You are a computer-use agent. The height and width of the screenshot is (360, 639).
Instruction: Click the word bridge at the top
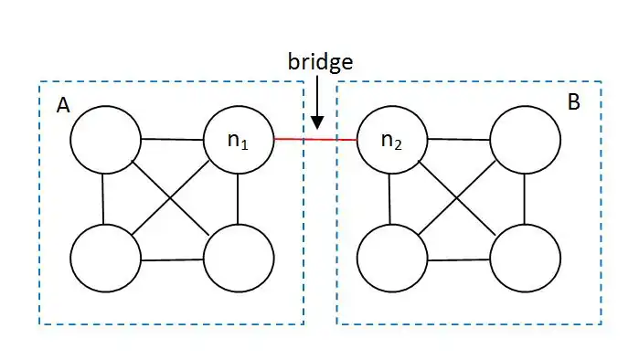[x=320, y=62]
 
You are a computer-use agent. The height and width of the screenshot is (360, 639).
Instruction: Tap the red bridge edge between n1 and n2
[x=315, y=140]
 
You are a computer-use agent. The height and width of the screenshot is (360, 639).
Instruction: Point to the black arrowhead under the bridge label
[x=317, y=122]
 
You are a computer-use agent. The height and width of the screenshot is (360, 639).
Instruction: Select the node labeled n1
[x=239, y=140]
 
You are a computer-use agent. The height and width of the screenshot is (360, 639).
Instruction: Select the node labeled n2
[x=392, y=140]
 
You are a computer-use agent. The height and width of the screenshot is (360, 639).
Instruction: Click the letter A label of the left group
[x=63, y=105]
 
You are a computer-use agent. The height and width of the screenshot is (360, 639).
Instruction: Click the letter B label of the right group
[x=574, y=101]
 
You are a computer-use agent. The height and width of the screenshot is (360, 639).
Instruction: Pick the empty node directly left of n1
[x=105, y=140]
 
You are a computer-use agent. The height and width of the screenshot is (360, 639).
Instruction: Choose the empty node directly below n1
[x=239, y=258]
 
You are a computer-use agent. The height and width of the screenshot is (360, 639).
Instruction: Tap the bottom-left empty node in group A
[x=105, y=258]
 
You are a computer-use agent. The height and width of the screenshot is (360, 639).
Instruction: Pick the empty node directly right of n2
[x=525, y=140]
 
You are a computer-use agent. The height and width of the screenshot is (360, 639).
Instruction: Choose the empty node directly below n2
[x=392, y=258]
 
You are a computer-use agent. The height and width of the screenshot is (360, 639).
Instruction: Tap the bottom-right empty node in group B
[x=525, y=258]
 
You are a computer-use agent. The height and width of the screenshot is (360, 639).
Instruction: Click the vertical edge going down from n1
[x=238, y=199]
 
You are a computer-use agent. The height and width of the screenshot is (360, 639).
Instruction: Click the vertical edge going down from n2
[x=390, y=199]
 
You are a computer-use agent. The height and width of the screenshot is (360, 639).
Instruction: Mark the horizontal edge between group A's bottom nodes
[x=172, y=259]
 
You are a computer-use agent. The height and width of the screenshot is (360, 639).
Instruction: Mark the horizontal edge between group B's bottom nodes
[x=459, y=259]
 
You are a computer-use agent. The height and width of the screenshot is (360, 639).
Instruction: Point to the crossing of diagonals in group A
[x=170, y=198]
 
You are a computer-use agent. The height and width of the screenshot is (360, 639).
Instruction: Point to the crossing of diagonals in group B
[x=457, y=198]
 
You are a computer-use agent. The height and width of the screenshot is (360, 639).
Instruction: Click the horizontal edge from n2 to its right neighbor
[x=459, y=140]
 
